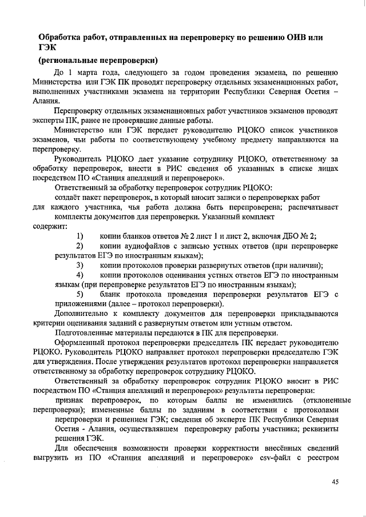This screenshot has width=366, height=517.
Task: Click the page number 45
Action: tap(335, 482)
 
